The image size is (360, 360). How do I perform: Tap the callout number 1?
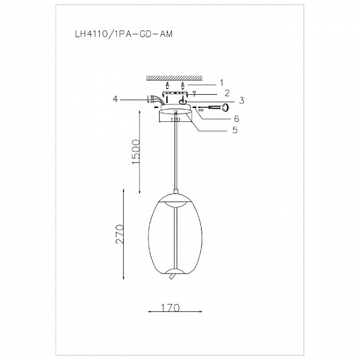[x=221, y=82]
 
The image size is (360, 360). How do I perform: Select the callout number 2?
[x=226, y=93]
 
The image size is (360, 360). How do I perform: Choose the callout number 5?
[x=235, y=129]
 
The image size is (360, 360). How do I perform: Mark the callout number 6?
[x=236, y=118]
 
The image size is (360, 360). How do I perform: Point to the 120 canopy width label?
[x=175, y=119]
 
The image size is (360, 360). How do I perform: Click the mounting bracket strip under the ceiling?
[x=175, y=94]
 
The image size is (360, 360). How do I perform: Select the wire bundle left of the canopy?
[x=152, y=100]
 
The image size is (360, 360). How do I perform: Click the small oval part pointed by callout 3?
[x=182, y=101]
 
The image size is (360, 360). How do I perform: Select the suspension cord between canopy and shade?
[x=175, y=156]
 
